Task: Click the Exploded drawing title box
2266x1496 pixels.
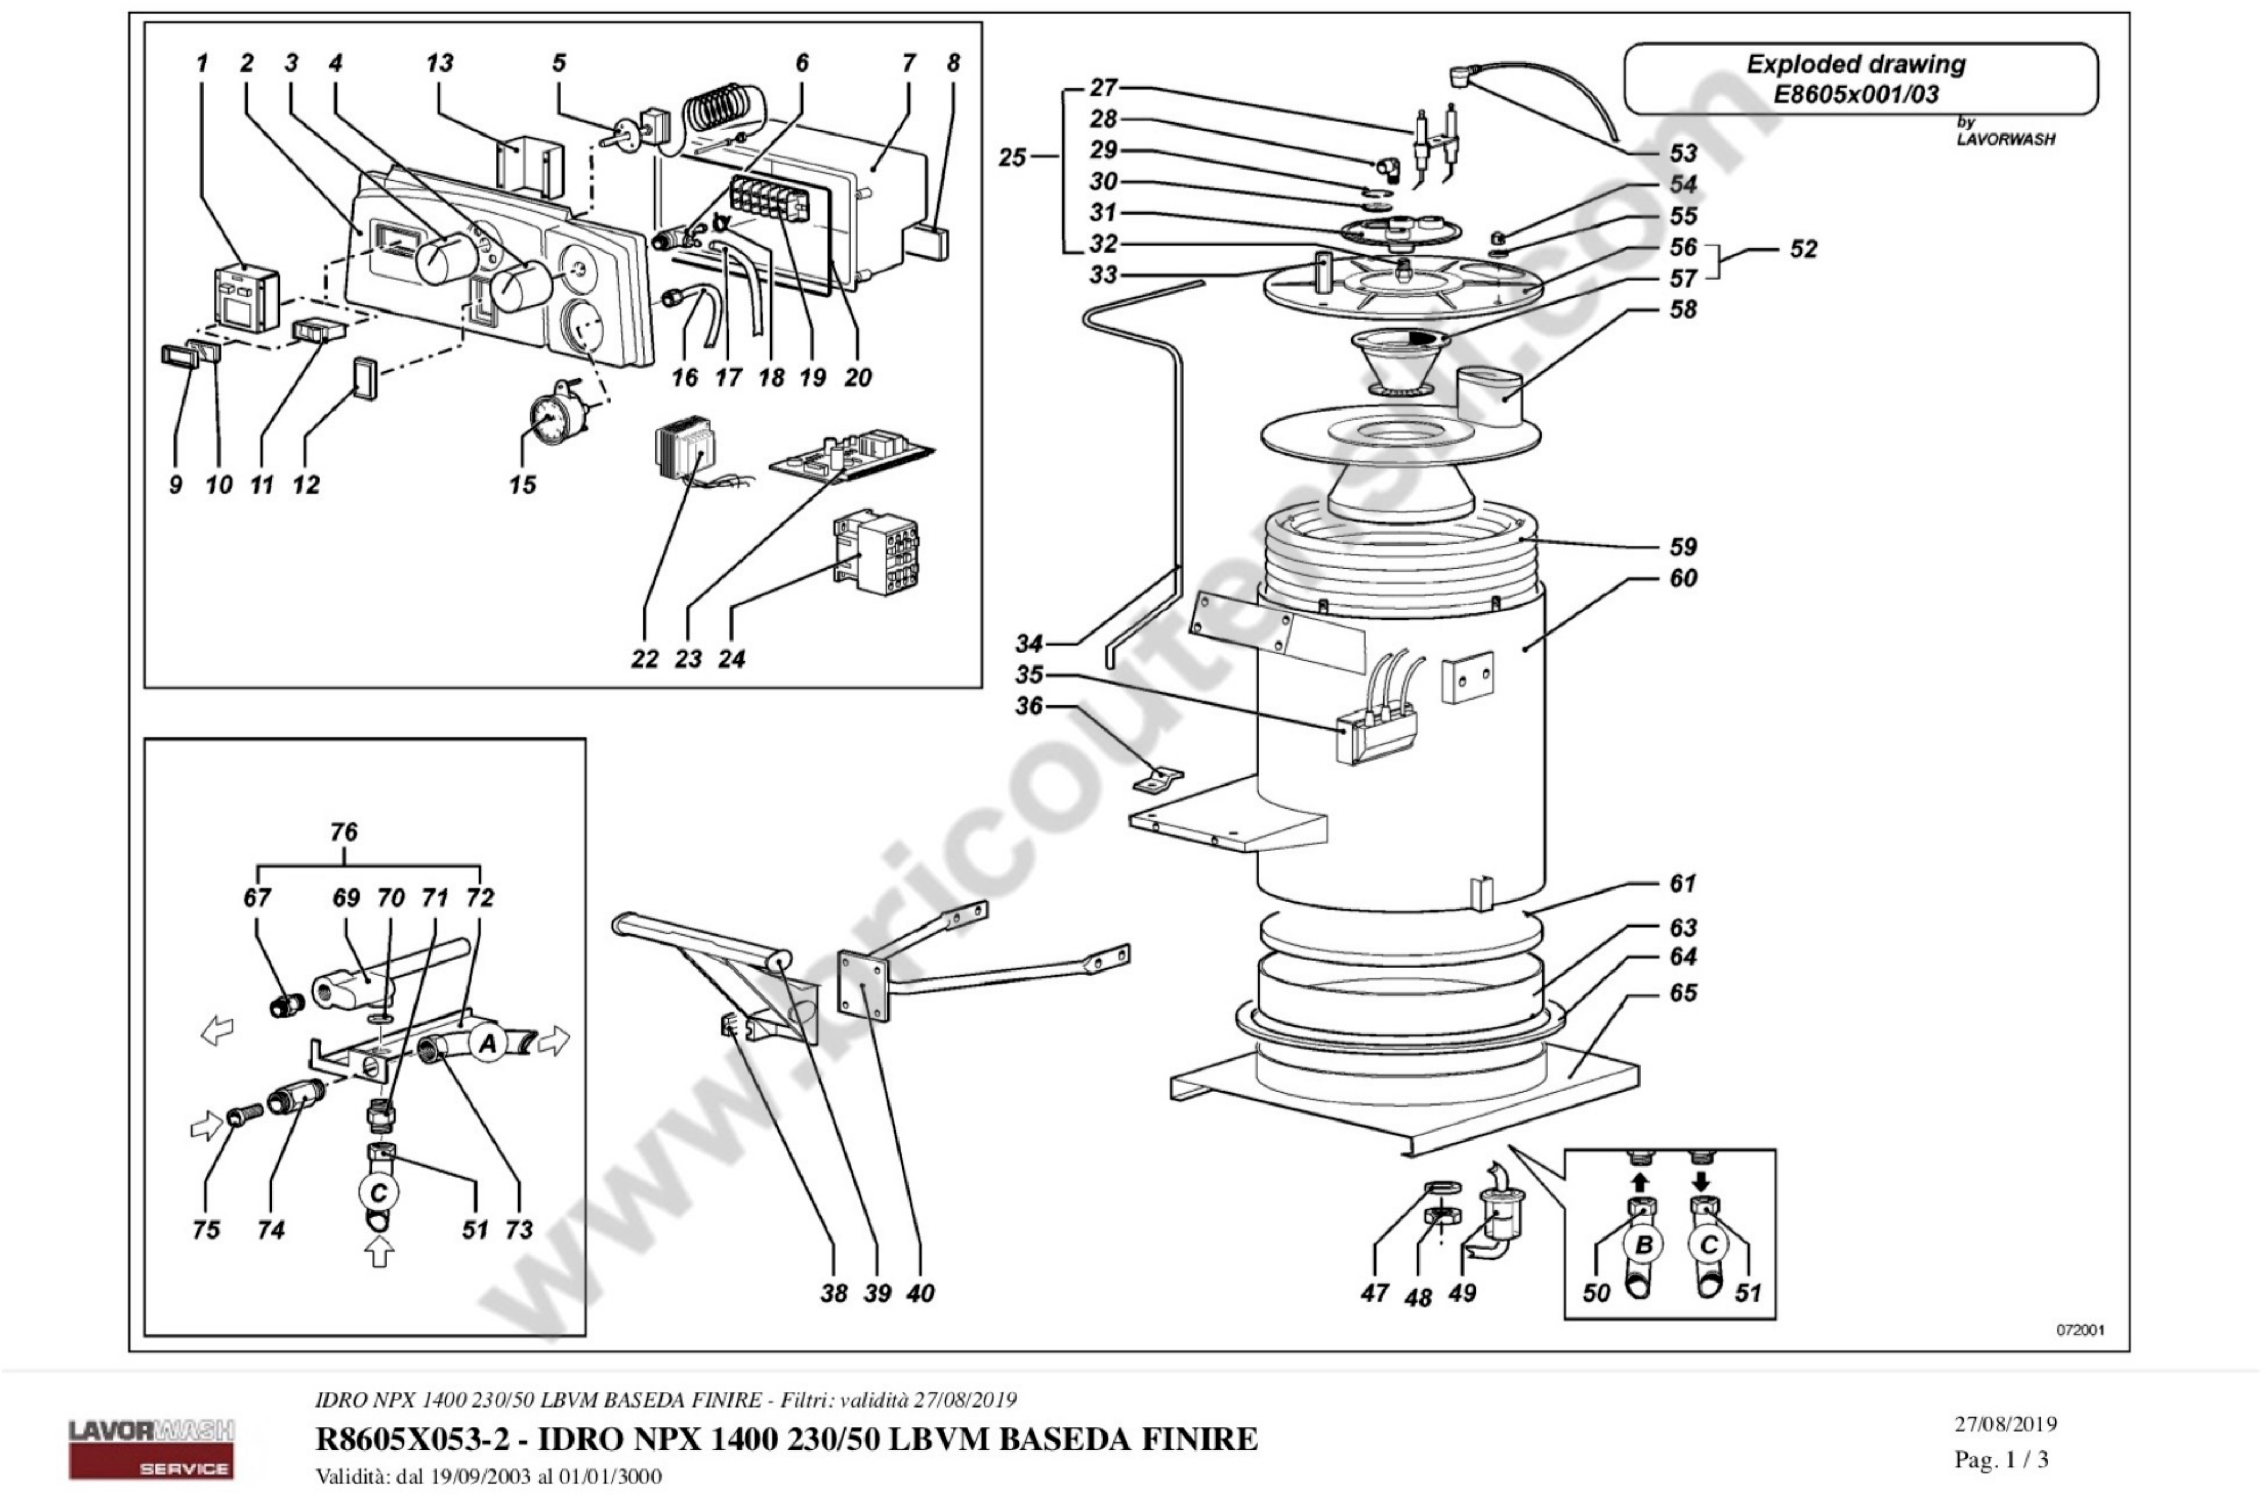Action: [1861, 78]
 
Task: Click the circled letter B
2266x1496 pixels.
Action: [1644, 1244]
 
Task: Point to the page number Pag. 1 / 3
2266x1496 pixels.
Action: [2000, 1460]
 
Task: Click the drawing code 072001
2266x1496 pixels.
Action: [2081, 1330]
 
